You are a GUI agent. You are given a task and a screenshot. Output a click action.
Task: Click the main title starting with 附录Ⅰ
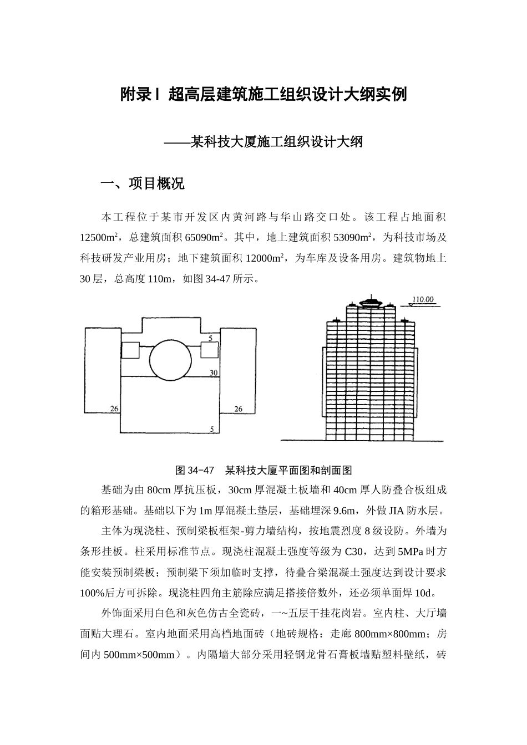pyautogui.click(x=263, y=95)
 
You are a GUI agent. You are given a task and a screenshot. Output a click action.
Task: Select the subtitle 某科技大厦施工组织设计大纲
pyautogui.click(x=276, y=142)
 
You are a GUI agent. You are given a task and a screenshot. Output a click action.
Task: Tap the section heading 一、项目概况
pyautogui.click(x=141, y=184)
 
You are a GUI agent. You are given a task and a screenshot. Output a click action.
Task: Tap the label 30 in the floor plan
pyautogui.click(x=214, y=373)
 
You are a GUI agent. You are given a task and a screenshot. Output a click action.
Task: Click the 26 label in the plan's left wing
pyautogui.click(x=114, y=409)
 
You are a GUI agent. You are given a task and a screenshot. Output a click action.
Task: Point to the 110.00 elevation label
pyautogui.click(x=423, y=300)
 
